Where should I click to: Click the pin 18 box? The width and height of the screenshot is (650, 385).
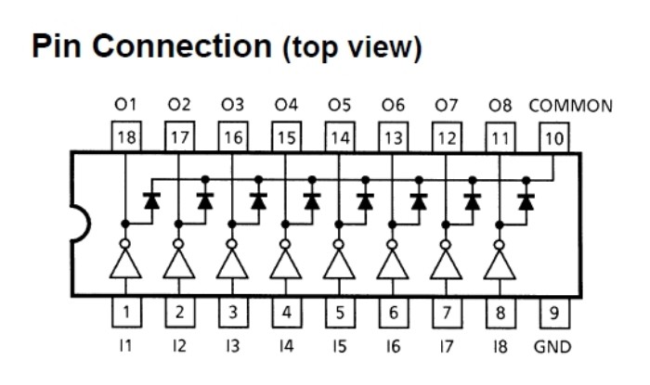pos(126,138)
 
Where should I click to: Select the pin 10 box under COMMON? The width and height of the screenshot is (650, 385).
pos(554,138)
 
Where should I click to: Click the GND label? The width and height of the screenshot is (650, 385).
pos(553,346)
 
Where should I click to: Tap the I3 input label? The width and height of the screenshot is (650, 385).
pos(233,346)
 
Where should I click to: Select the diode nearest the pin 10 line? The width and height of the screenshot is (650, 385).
pos(526,199)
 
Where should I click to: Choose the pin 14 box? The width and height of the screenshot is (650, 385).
pos(340,138)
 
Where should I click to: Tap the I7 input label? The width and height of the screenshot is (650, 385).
pos(447,346)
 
